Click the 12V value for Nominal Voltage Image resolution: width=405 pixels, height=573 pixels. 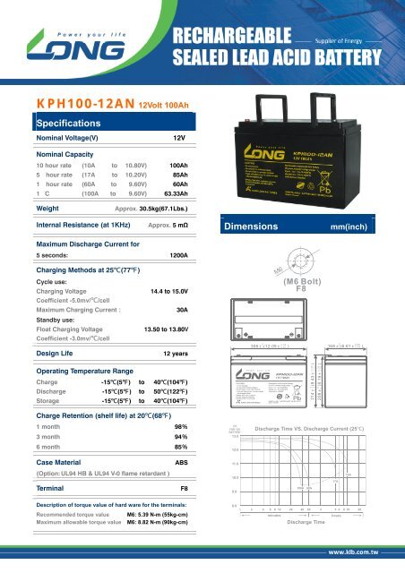pyautogui.click(x=178, y=140)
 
